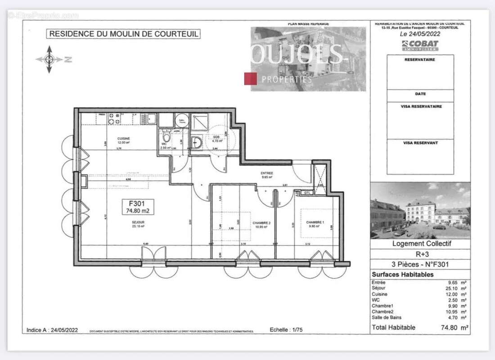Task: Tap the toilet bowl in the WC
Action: [x=166, y=137]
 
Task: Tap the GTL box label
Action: [x=308, y=193]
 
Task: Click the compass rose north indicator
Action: [x=49, y=59]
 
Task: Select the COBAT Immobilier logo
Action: [x=420, y=45]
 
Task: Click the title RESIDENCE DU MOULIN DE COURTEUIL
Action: [x=124, y=34]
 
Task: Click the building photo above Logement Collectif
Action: [x=420, y=210]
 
